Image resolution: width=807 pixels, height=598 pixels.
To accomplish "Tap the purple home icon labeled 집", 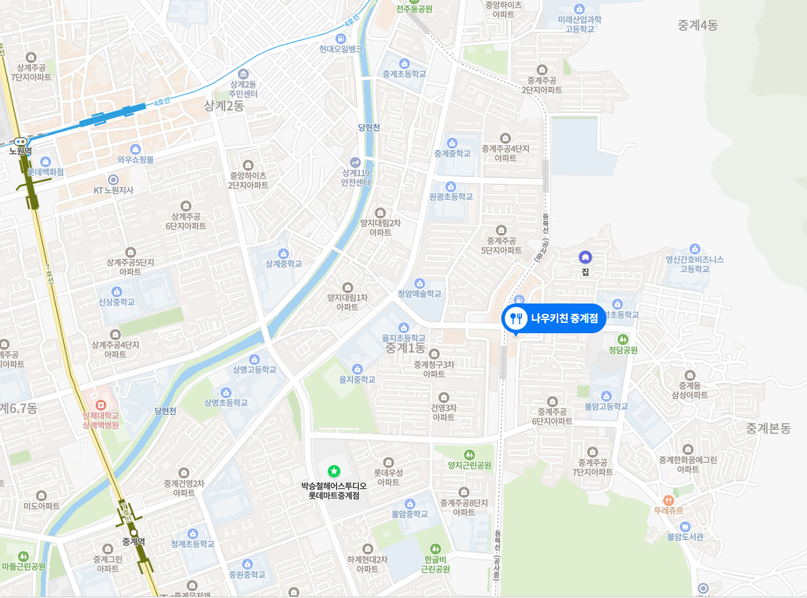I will (585, 257).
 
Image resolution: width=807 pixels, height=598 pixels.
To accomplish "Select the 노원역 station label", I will (20, 150).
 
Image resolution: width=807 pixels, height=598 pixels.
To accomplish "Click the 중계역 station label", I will (133, 541).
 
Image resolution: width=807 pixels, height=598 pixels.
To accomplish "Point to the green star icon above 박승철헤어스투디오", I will (334, 471).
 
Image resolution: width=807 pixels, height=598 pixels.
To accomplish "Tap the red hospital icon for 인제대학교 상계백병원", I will (101, 404).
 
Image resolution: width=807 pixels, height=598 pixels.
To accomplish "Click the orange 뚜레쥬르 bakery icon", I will (668, 500).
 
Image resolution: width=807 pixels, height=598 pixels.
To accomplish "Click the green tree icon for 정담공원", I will (623, 339).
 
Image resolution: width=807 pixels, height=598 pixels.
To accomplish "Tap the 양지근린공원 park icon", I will (470, 454).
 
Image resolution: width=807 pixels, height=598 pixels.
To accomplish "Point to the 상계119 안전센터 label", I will (356, 177).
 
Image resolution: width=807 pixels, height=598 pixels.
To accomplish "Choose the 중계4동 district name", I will (698, 26).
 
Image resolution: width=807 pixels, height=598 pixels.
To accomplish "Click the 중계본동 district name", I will (768, 429).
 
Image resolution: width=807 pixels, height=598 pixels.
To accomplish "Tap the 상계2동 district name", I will (224, 106).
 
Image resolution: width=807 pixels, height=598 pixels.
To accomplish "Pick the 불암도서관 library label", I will (685, 536).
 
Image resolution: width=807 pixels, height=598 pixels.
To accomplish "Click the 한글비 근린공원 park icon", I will (436, 548).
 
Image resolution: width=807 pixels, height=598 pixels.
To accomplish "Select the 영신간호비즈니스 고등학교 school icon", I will (694, 249).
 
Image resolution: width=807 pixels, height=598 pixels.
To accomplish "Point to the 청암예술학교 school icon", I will (419, 283).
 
